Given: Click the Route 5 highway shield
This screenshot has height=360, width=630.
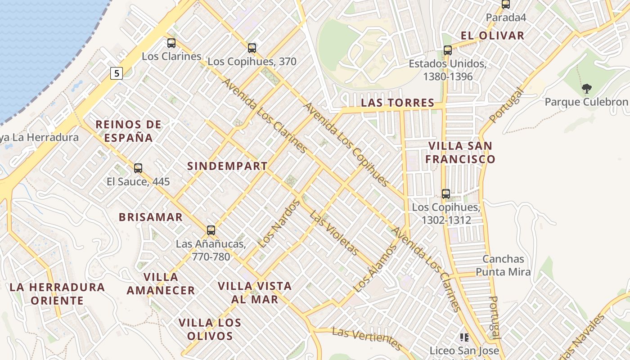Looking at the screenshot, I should (117, 73).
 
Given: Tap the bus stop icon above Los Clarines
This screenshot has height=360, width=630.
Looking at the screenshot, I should (171, 43).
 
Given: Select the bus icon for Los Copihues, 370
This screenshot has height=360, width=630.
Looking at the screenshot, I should (252, 48).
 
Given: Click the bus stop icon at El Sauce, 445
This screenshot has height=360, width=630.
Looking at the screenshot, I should (138, 168).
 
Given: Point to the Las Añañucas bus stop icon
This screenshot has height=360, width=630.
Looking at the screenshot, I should (211, 230).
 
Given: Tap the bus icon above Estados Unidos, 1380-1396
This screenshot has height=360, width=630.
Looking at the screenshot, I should (447, 50).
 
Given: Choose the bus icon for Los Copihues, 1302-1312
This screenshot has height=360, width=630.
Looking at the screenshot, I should (446, 194).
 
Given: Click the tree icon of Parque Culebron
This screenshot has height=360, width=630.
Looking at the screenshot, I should (586, 89).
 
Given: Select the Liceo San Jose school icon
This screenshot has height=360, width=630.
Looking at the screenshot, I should (464, 337).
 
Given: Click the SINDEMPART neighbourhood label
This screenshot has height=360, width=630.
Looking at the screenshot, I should (227, 166).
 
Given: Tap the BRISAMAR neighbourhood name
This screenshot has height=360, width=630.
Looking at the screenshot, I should (151, 217).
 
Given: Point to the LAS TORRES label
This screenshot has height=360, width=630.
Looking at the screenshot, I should (398, 103).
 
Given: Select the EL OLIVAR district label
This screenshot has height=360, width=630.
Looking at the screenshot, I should (493, 36).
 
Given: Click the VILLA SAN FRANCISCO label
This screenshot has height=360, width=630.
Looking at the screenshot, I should (460, 152).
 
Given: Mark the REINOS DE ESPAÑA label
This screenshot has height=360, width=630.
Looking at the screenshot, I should (129, 131).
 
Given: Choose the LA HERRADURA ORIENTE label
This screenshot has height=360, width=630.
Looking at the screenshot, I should (57, 293).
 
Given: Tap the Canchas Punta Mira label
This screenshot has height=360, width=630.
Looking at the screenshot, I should (503, 265).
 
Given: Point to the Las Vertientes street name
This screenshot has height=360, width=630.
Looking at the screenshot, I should (367, 339).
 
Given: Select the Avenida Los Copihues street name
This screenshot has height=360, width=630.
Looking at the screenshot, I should (346, 144).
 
